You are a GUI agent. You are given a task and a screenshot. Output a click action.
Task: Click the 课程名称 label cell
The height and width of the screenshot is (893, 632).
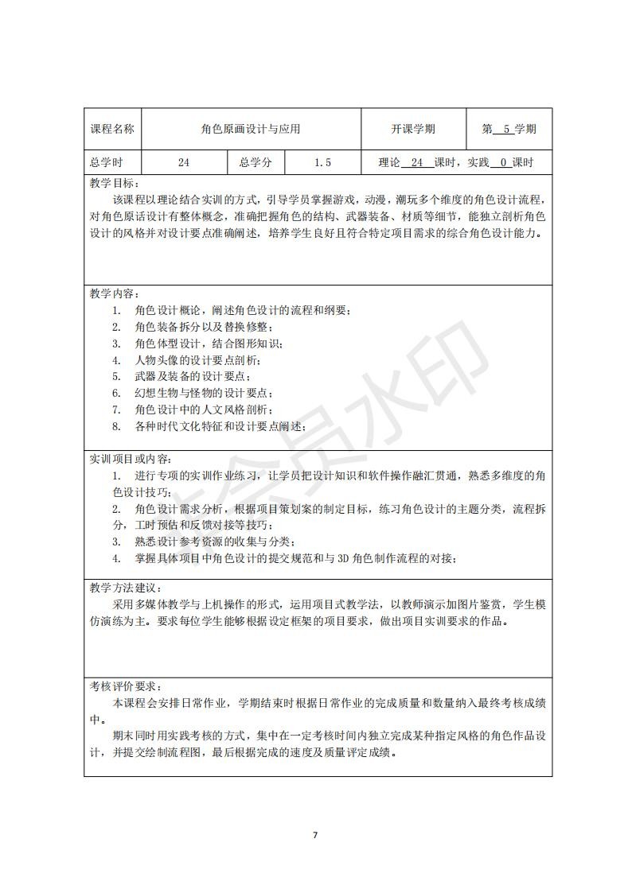(x=111, y=129)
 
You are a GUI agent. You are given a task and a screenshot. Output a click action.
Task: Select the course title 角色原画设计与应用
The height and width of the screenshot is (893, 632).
(x=251, y=129)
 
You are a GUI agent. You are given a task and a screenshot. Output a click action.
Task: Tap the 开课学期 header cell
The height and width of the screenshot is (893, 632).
(x=413, y=129)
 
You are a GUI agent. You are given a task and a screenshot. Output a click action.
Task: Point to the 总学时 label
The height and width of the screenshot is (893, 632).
(x=106, y=162)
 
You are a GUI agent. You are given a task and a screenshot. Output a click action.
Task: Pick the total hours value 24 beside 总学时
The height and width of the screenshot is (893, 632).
(x=184, y=162)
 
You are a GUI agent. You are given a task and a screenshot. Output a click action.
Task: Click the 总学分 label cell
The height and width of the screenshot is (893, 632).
(x=256, y=162)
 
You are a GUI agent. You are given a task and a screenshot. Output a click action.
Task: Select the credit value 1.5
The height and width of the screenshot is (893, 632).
(x=322, y=162)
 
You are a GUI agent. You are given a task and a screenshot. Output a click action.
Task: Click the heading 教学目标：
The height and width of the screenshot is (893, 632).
(x=114, y=183)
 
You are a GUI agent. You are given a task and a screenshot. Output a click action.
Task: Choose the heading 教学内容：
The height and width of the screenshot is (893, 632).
(x=114, y=293)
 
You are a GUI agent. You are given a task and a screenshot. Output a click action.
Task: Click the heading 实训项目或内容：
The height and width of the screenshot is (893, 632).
(x=130, y=460)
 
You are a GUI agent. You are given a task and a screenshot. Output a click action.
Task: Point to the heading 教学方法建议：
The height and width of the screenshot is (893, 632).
(x=125, y=588)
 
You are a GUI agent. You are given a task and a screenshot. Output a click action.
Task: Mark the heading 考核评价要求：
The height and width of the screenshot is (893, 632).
(x=125, y=685)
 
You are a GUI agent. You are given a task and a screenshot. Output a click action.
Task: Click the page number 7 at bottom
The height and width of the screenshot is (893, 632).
(x=315, y=835)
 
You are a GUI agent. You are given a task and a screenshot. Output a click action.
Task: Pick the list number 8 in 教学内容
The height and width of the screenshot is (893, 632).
(x=115, y=426)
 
